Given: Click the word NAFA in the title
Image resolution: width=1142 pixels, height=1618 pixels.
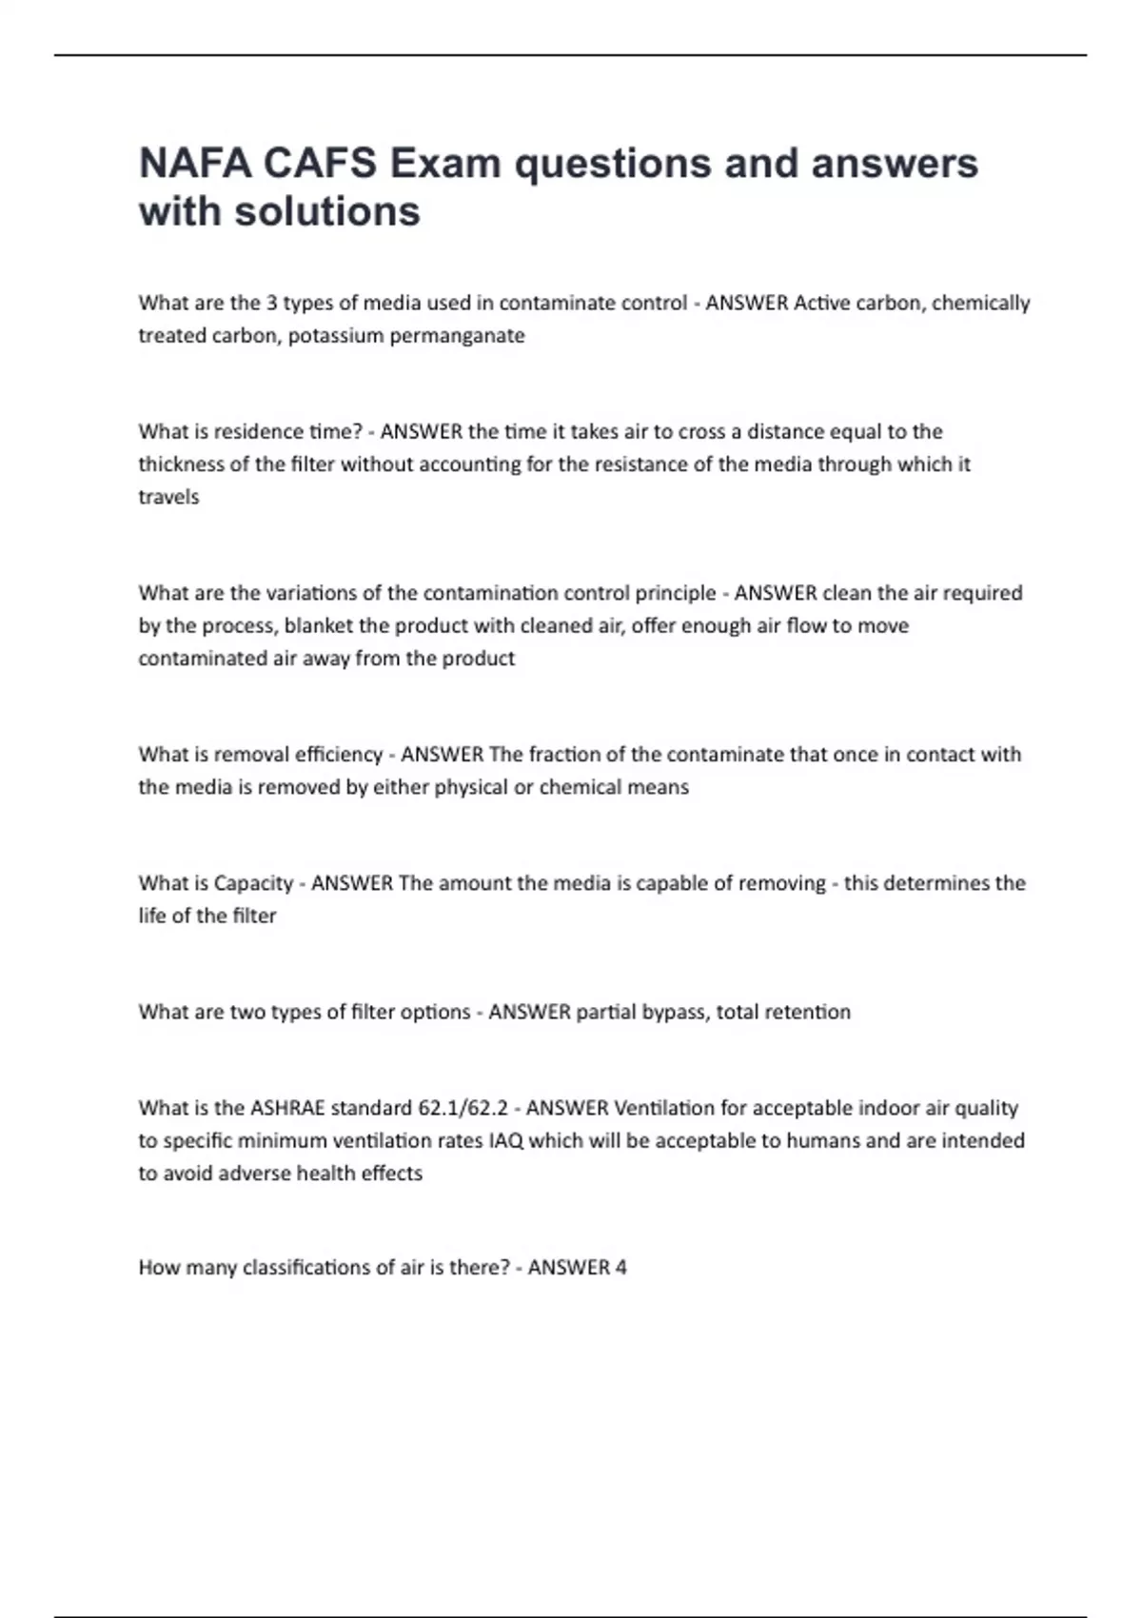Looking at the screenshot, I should click(194, 164).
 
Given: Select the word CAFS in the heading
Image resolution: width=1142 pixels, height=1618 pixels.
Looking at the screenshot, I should click(320, 164).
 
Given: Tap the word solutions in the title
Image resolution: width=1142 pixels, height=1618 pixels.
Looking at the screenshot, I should click(327, 211).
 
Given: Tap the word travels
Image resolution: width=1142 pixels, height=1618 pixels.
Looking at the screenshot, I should click(168, 497).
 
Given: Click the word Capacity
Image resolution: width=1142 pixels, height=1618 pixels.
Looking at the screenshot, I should click(253, 883).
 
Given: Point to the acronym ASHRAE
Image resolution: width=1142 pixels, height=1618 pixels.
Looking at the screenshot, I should click(287, 1108).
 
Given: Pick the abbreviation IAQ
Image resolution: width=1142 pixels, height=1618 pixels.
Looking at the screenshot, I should click(505, 1140).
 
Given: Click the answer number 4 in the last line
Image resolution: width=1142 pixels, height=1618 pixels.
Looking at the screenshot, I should click(620, 1268).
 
